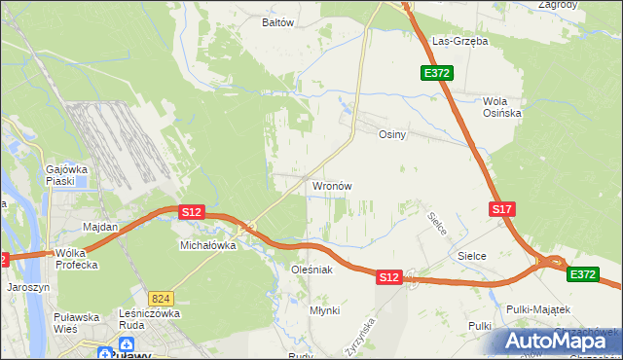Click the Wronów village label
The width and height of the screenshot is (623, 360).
331,185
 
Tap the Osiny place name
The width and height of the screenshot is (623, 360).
391,135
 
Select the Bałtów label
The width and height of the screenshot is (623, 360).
278,21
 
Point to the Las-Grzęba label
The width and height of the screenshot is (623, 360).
459,42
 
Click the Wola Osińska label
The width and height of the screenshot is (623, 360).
502,107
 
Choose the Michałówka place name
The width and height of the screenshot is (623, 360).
208,246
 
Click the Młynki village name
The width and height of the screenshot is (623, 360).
324,309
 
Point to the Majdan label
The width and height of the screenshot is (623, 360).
100,227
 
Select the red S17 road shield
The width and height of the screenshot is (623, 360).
501,209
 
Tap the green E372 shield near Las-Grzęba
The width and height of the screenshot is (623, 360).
435,73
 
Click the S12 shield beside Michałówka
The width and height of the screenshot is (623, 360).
191,211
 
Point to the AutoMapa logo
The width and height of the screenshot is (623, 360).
559,341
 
